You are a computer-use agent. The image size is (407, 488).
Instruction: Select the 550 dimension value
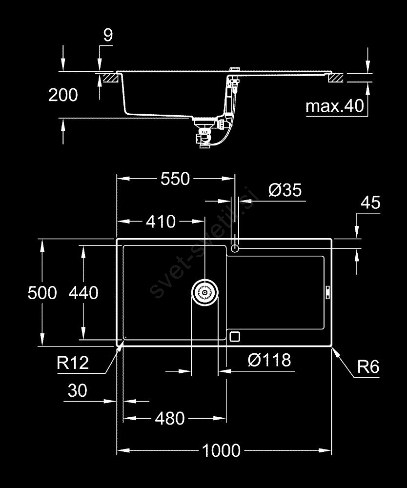175,179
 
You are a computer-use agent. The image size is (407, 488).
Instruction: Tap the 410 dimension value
161,222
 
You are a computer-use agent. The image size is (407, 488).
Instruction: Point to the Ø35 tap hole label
285,190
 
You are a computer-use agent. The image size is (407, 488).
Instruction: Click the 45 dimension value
370,203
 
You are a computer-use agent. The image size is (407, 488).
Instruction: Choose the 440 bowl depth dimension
83,293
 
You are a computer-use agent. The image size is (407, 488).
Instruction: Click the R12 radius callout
73,363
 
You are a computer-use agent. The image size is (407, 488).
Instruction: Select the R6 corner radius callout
368,366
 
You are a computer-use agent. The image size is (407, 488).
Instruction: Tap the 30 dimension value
78,390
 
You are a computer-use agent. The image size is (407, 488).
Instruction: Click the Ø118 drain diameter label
269,360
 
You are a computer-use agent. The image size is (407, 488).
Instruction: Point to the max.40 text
335,106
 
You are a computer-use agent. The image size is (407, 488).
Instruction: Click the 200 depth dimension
63,95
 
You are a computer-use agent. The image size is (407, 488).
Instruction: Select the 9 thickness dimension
108,35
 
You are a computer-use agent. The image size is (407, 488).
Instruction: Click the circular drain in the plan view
204,292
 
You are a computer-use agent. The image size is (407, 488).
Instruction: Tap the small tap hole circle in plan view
235,249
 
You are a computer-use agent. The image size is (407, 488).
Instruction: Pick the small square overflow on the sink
235,336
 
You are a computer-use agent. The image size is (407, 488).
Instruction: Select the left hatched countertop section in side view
108,77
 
